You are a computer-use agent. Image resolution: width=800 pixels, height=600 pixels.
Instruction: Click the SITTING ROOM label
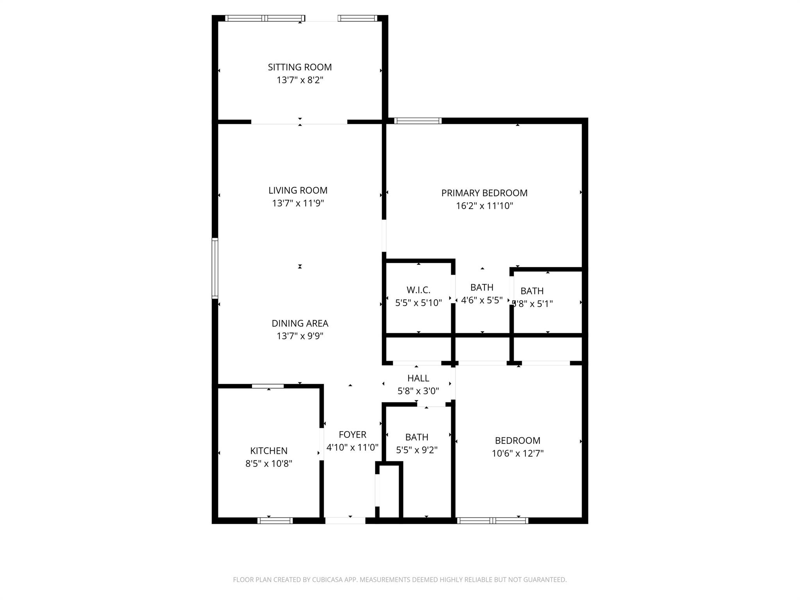click(x=300, y=67)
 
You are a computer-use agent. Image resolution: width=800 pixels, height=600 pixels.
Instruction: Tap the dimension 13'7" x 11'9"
click(x=298, y=203)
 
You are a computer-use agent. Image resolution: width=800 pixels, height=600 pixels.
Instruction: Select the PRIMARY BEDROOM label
click(x=484, y=193)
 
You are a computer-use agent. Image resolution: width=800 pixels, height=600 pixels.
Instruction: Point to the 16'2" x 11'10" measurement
click(x=484, y=206)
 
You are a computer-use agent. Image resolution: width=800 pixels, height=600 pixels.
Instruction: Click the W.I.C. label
click(x=418, y=290)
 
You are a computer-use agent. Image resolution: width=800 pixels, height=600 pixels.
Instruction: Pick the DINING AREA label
click(x=300, y=323)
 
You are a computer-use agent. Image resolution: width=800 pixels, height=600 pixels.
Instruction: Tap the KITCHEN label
click(x=269, y=451)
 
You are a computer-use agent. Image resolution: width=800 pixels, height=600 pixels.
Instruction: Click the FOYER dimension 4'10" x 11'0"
click(x=352, y=447)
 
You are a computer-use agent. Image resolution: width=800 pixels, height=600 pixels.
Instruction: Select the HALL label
click(x=418, y=378)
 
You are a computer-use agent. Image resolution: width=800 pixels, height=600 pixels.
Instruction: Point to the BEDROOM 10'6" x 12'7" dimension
click(x=518, y=454)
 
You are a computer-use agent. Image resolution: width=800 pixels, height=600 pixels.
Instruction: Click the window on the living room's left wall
click(x=215, y=268)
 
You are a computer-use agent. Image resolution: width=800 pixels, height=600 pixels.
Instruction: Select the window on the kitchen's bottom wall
click(x=275, y=520)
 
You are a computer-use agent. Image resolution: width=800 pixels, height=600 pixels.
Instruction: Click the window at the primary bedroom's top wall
click(x=418, y=121)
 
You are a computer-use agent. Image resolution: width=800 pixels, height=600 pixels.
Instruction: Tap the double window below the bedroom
click(x=493, y=520)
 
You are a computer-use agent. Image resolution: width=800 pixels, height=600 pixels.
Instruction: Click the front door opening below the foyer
click(x=345, y=520)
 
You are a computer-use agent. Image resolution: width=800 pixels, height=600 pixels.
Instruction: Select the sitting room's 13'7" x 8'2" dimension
click(x=300, y=80)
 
